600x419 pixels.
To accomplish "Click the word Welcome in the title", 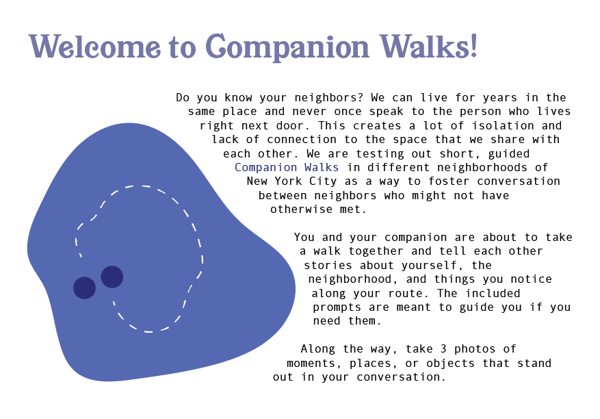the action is [94, 47].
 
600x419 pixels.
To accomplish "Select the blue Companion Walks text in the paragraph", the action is [287, 167].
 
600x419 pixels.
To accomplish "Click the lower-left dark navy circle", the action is [85, 288].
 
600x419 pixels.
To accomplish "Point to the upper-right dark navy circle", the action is [112, 277].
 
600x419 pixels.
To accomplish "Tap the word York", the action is [288, 181].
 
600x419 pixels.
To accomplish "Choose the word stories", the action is [328, 265].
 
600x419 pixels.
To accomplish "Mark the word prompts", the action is [337, 307].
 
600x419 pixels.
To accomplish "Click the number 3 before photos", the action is [443, 349].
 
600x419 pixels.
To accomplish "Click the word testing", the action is [380, 154].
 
